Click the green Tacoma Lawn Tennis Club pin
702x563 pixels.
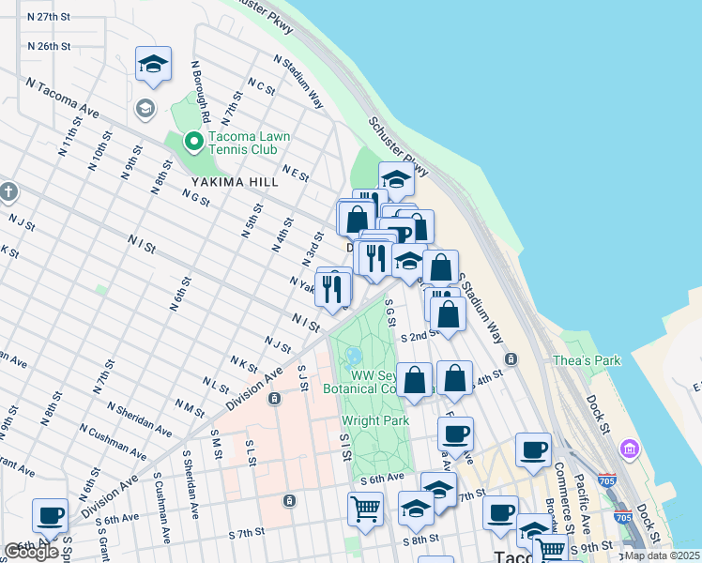(x=194, y=142)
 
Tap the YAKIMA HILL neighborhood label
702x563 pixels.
(x=235, y=181)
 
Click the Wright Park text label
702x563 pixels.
(x=375, y=421)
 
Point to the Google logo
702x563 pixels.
(x=31, y=552)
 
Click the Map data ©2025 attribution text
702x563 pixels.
(x=661, y=555)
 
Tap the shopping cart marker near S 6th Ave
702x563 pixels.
(x=365, y=510)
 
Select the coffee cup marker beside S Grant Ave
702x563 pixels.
(x=50, y=515)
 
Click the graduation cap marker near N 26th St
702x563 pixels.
(x=153, y=65)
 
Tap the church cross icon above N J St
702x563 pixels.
(x=8, y=191)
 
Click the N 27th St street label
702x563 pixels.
(x=50, y=18)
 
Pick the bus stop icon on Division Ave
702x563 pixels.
(x=275, y=399)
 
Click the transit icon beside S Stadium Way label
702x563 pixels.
(x=510, y=359)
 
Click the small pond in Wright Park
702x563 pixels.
(x=355, y=358)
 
